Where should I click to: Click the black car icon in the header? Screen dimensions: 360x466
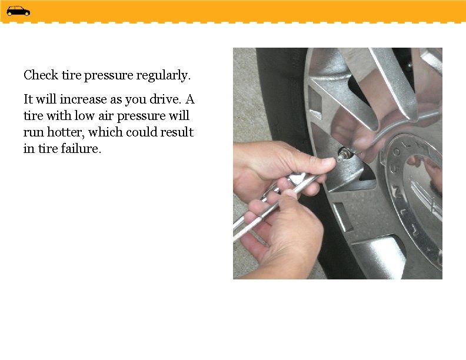point(18,11)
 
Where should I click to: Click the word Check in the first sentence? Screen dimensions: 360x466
point(41,75)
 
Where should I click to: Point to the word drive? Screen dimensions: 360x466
point(168,98)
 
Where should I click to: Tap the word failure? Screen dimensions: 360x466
point(84,149)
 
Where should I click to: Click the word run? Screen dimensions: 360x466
point(32,132)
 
